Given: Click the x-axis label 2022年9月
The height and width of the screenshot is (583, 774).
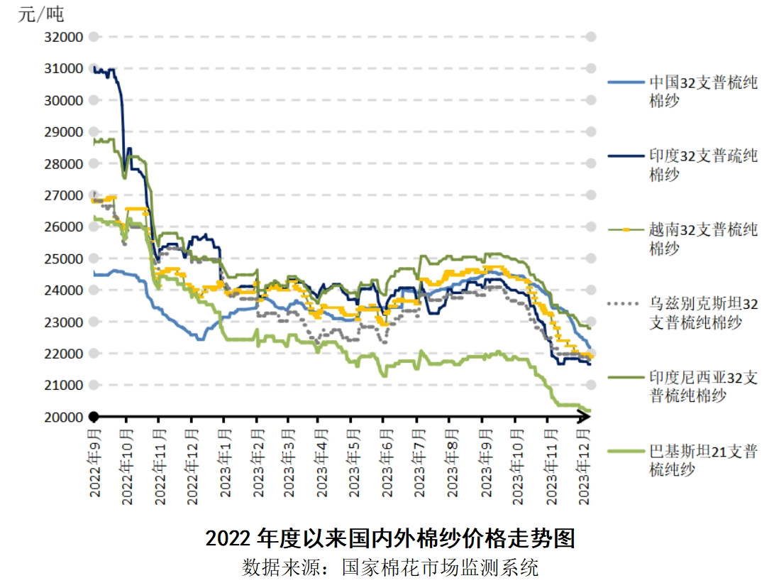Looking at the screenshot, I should coord(95,464).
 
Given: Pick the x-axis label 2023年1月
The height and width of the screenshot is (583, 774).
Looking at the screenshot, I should coord(223,464).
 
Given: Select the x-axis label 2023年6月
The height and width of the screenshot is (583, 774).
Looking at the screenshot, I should coord(387,464).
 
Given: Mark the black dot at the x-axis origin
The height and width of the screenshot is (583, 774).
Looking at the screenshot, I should coord(93,417).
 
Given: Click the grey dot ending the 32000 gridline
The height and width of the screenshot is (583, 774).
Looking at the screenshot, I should coord(590,37).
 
